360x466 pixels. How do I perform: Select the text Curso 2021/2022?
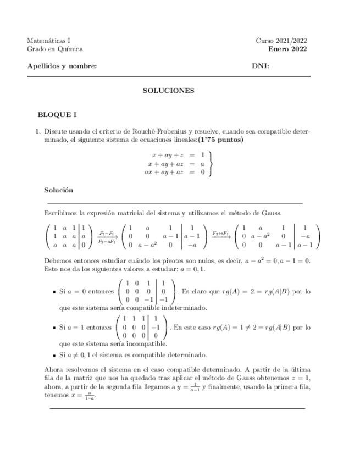281,41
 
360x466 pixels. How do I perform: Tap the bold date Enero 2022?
287,49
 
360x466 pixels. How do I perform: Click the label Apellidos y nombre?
62,66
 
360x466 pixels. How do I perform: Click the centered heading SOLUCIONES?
168,91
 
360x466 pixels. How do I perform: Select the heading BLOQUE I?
57,115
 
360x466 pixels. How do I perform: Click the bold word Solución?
59,190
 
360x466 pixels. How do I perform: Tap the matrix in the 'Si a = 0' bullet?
145,291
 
